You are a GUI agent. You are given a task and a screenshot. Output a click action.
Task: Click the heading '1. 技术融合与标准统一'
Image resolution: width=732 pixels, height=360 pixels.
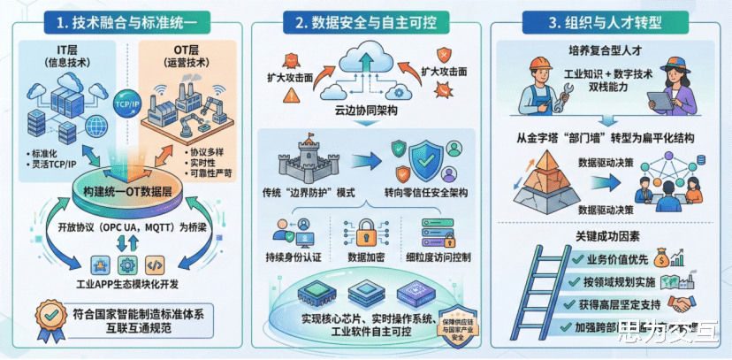coord(126,20)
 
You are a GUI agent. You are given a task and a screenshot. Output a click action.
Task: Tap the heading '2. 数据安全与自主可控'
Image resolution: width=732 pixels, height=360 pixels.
coord(366,20)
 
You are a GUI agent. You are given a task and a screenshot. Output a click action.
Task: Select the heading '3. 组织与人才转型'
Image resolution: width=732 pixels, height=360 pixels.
coord(607,20)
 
